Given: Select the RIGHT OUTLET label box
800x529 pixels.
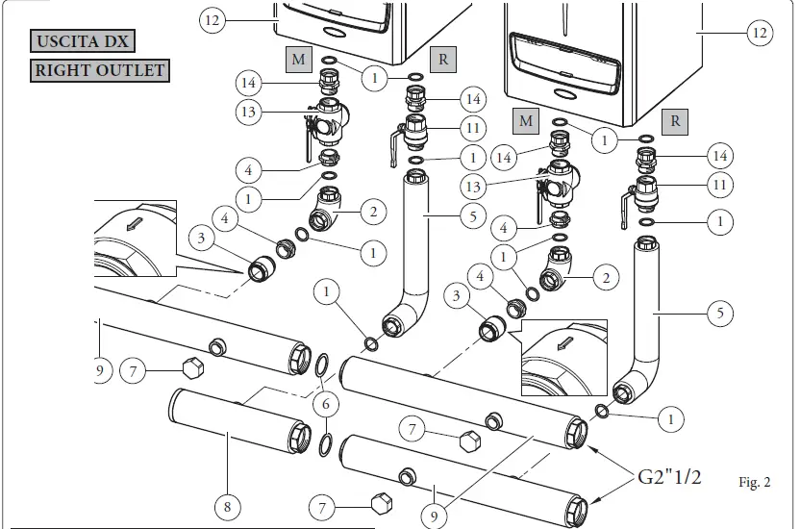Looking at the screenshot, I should point(100,70).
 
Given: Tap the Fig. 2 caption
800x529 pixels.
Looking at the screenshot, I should point(755,483).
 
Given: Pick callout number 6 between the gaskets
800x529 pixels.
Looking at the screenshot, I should point(326,402).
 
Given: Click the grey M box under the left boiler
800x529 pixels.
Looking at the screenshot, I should point(298,60).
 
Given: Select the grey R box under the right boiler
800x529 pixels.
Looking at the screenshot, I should point(675,120).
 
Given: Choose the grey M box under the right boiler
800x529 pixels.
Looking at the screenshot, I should point(525,120).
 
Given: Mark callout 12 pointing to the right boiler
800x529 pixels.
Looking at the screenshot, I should point(761,33).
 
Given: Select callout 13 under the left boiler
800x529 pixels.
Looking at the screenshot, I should point(250,113).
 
